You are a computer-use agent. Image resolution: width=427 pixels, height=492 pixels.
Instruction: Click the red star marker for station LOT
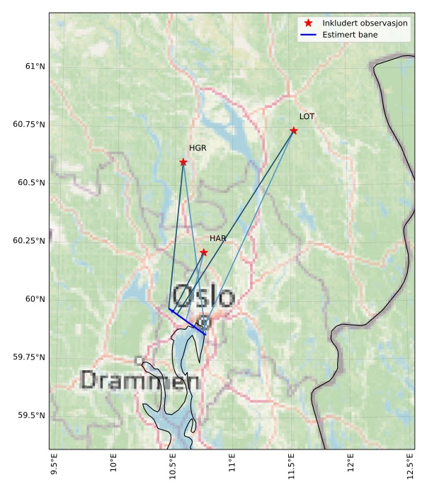point(293,130)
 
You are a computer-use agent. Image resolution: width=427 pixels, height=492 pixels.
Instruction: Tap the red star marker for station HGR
point(183,162)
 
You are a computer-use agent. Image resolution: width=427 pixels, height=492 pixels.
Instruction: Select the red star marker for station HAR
point(203,252)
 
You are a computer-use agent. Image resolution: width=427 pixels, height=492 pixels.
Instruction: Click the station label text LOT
point(307,116)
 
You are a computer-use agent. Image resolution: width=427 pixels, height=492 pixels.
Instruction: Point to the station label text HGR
point(198,148)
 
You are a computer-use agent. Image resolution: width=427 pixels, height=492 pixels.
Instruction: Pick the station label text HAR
point(217,239)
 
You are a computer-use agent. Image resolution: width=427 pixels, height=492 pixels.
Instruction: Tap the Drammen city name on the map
point(140,381)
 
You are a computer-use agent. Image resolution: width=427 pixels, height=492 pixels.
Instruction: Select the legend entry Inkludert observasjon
point(365,23)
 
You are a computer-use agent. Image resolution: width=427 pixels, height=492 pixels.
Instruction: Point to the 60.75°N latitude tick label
point(29,125)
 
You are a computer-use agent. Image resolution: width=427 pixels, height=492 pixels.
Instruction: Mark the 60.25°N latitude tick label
point(29,241)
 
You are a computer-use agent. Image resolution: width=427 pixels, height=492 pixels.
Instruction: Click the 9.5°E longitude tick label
point(54,466)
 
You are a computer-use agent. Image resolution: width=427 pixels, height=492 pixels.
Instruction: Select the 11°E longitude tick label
point(232,465)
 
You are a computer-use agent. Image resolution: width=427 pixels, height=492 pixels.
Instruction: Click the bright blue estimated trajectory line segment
point(188,322)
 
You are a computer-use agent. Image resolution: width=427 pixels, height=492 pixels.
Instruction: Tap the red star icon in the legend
point(309,23)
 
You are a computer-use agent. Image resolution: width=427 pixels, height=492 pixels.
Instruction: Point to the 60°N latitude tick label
point(35,299)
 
